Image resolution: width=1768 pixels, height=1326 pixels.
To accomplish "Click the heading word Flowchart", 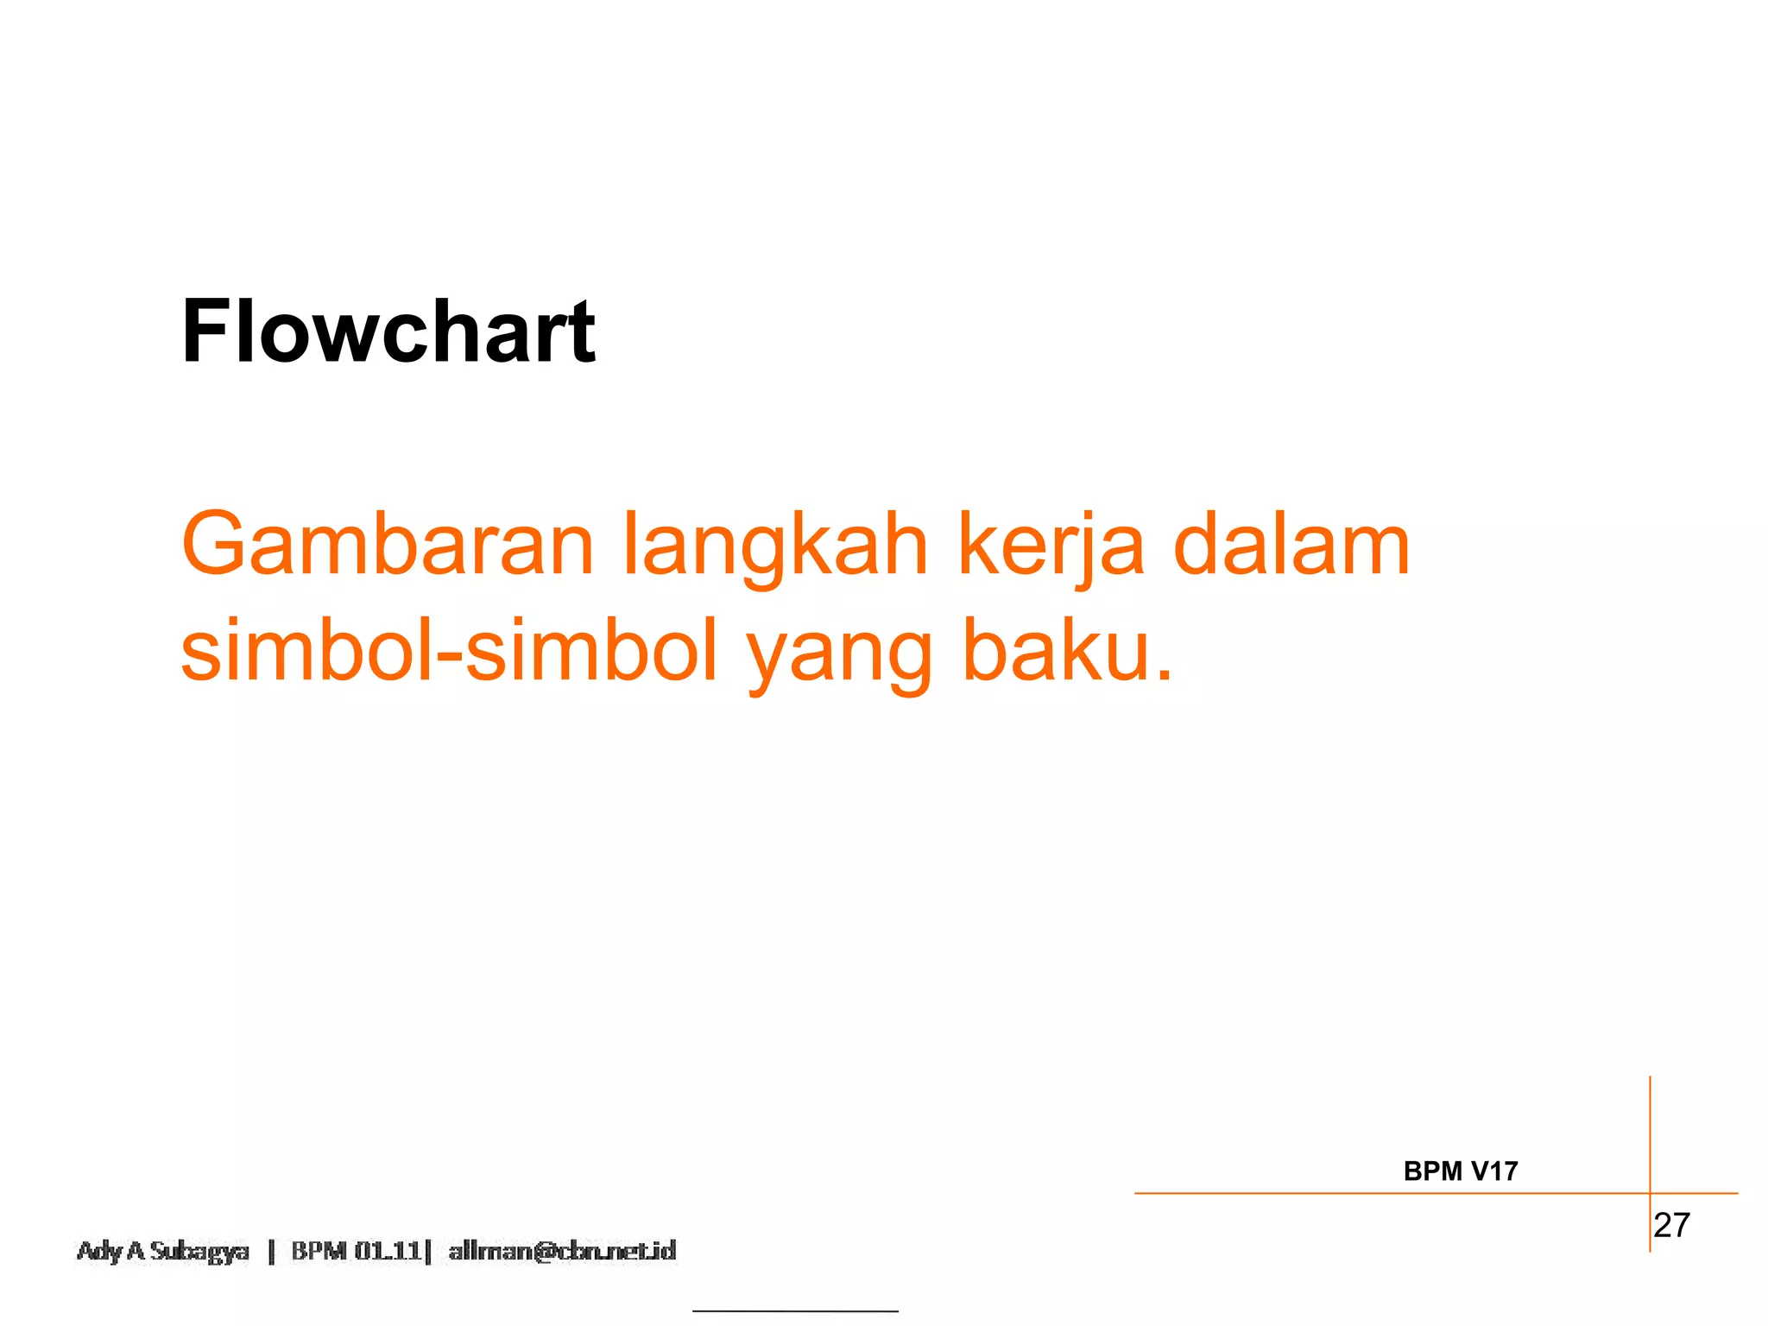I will click(388, 331).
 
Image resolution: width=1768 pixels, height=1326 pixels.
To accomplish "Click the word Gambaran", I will click(388, 545).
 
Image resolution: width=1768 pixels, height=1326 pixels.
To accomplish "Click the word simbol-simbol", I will click(449, 650).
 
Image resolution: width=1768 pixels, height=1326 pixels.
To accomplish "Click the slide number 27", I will click(1672, 1225).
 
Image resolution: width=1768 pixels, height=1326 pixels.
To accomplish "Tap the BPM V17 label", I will click(1461, 1171).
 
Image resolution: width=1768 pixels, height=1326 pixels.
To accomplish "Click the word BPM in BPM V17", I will click(1433, 1171).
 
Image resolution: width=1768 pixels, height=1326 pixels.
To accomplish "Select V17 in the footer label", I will click(1494, 1171).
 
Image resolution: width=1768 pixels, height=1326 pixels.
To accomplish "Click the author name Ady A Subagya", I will click(163, 1251).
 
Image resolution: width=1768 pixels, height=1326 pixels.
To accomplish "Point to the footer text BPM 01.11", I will click(356, 1251).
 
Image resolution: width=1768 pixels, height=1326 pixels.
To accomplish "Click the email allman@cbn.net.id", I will click(562, 1251).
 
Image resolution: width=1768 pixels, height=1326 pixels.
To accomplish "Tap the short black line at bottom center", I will click(795, 1311).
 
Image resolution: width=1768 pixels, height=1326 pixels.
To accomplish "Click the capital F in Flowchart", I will click(205, 331).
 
